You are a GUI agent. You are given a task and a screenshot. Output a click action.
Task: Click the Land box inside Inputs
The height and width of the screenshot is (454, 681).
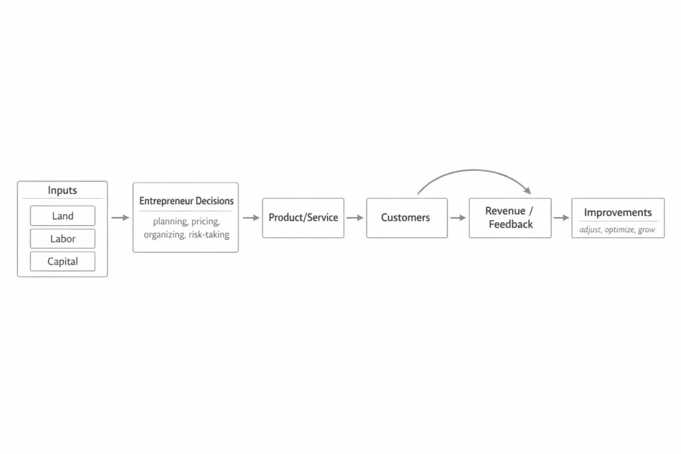63,216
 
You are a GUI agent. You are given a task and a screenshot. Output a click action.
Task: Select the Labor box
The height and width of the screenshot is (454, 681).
63,239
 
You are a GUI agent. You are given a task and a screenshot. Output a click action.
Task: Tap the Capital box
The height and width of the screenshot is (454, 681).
63,261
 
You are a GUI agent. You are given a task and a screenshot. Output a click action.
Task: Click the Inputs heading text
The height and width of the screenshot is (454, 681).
63,190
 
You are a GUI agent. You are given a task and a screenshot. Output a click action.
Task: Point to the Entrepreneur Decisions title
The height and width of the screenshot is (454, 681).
186,201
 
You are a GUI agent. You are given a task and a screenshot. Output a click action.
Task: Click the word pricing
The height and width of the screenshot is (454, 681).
205,221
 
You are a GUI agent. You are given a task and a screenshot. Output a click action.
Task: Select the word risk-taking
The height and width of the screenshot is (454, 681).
208,235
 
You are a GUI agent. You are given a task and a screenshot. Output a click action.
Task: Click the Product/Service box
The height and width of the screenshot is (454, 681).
303,217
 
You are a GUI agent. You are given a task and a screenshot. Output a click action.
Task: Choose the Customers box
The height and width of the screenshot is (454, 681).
406,217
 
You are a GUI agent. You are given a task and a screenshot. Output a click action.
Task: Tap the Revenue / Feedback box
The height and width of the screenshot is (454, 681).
510,217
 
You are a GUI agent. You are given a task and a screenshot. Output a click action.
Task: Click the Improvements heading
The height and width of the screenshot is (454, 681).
618,213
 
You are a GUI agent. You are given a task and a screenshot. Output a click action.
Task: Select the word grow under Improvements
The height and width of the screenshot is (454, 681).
646,230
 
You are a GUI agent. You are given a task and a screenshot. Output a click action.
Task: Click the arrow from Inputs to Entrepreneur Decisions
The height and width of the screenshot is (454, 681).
120,217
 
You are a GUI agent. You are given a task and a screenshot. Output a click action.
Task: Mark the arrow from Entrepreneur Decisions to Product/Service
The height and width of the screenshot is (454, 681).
251,217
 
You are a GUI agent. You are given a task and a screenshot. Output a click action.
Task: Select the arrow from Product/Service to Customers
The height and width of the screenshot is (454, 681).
355,217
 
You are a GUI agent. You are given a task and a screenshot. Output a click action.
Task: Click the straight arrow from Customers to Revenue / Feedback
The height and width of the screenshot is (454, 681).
458,217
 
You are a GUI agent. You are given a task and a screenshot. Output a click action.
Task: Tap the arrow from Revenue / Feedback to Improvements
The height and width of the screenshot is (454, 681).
561,217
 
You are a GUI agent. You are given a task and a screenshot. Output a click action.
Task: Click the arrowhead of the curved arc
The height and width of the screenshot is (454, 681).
527,191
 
